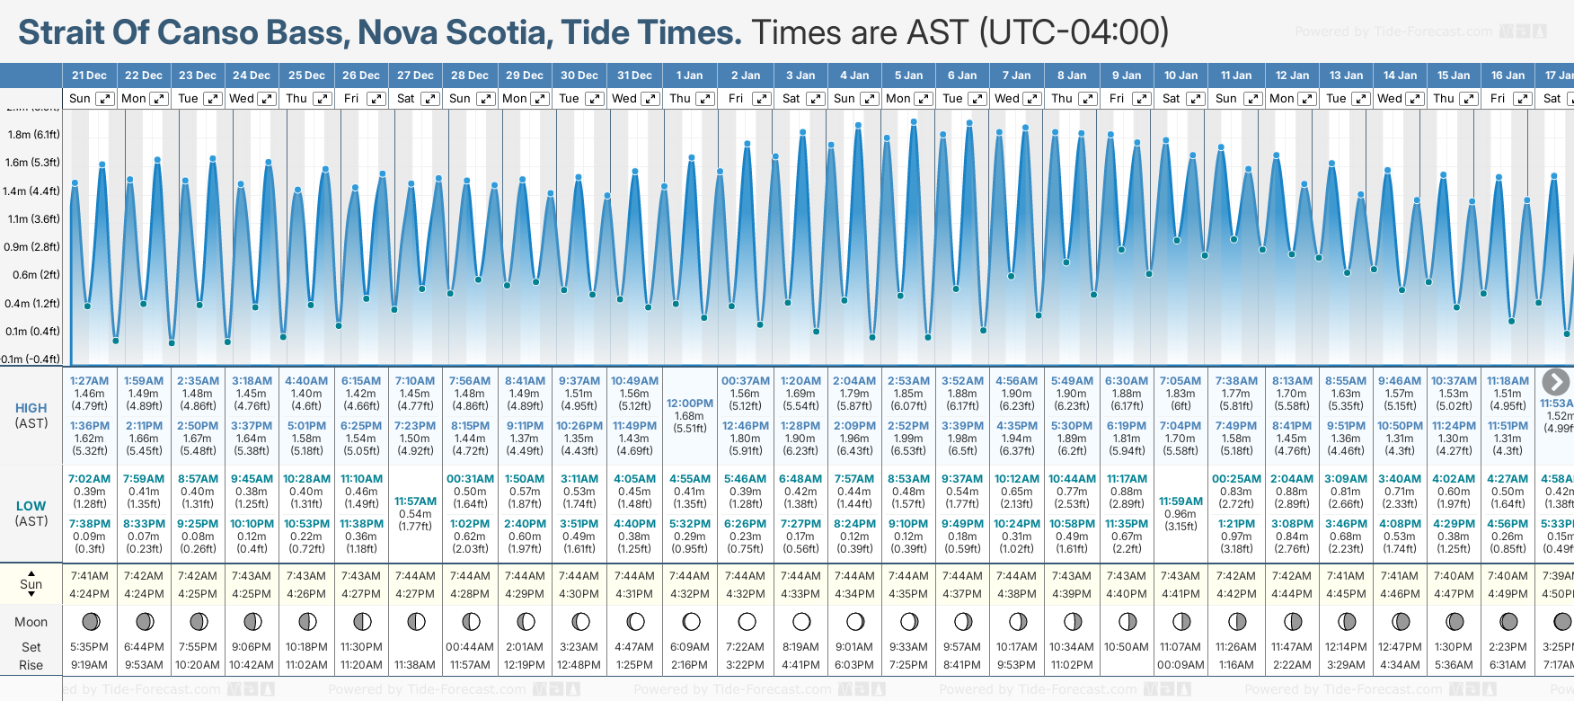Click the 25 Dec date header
(x=306, y=75)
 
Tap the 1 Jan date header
(x=689, y=75)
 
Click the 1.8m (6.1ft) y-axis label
(x=33, y=135)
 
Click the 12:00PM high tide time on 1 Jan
(x=689, y=404)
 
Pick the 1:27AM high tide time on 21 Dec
(x=89, y=381)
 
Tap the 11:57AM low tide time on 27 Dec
(x=415, y=501)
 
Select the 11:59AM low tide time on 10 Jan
(x=1180, y=501)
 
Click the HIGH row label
(x=31, y=408)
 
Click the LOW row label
(x=31, y=506)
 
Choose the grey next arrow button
(x=1555, y=382)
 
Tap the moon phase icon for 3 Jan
(x=801, y=621)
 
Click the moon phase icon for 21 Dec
(x=90, y=621)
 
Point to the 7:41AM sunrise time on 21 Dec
(x=89, y=576)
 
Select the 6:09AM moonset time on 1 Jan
(x=689, y=647)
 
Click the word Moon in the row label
(x=31, y=622)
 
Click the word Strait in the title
(x=60, y=32)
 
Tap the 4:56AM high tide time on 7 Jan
(x=1017, y=381)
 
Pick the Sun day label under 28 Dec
(x=460, y=99)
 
